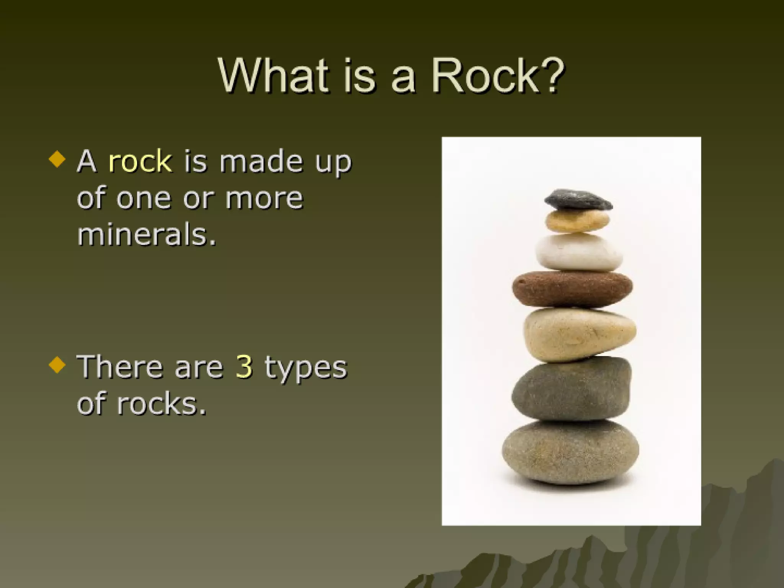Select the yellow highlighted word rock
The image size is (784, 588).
[140, 161]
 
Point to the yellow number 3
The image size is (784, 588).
[244, 366]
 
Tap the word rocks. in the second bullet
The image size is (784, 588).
[161, 403]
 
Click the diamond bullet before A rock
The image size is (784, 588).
[57, 159]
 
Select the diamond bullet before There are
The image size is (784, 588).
[57, 364]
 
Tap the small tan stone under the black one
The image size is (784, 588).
[577, 221]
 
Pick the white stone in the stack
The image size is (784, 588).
[578, 253]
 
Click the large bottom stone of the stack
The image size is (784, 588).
[570, 452]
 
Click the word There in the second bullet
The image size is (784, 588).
[120, 366]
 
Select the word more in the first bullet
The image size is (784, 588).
[264, 199]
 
